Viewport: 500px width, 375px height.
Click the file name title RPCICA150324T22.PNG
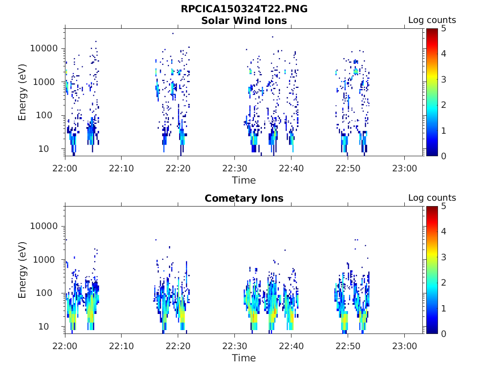coord(244,9)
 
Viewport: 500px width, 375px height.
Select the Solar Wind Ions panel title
coord(244,21)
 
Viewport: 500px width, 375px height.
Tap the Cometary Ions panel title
coord(244,198)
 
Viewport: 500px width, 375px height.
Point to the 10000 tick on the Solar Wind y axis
coord(44,49)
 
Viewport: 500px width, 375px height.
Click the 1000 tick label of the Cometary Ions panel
coord(47,260)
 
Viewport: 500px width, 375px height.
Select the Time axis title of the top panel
coord(244,180)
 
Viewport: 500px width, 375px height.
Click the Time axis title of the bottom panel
coord(244,358)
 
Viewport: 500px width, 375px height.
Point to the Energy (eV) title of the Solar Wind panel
coord(22,92)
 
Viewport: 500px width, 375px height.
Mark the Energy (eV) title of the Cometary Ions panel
coord(22,270)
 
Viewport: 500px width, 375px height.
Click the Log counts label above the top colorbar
coord(432,20)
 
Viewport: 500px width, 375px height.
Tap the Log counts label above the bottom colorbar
coord(432,198)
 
